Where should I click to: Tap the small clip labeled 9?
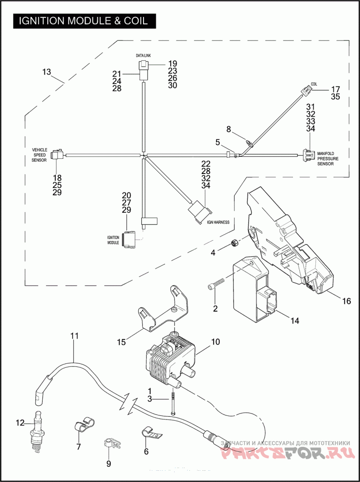click(x=111, y=443)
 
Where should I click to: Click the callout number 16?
click(x=345, y=301)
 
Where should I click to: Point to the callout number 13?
click(x=47, y=72)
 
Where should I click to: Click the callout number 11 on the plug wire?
click(x=74, y=335)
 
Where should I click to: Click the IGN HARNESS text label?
click(x=218, y=222)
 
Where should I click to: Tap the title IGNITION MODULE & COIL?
click(x=83, y=21)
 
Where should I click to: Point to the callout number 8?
click(x=229, y=129)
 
